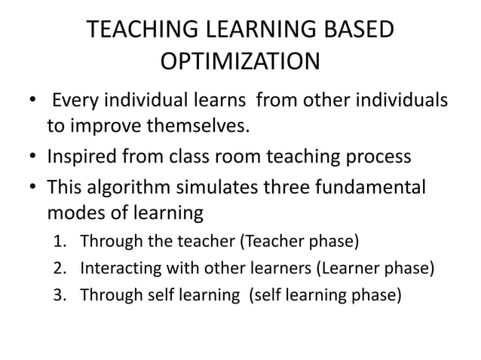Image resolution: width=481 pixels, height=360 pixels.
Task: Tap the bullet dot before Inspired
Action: point(32,157)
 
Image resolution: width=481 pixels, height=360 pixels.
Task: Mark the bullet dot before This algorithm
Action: point(32,185)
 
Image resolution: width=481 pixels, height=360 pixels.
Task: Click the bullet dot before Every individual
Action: point(32,100)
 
